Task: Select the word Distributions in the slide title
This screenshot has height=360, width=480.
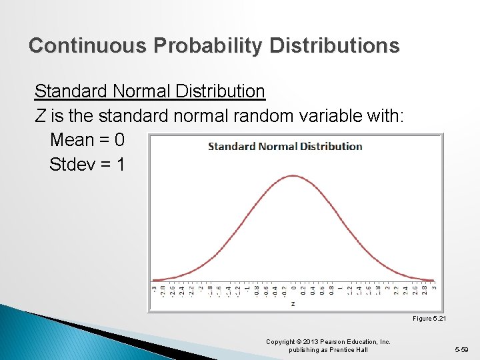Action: click(335, 45)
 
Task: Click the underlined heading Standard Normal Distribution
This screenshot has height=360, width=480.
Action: click(149, 91)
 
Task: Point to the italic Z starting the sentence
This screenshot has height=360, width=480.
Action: click(41, 116)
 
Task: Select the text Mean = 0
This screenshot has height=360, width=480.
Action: click(87, 140)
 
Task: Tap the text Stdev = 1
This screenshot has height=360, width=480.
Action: click(87, 164)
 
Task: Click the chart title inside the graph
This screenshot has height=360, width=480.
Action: click(285, 146)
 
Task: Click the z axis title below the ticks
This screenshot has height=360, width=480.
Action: click(293, 303)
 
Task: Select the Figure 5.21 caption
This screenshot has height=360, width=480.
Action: click(429, 319)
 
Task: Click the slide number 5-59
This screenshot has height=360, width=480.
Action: click(462, 349)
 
